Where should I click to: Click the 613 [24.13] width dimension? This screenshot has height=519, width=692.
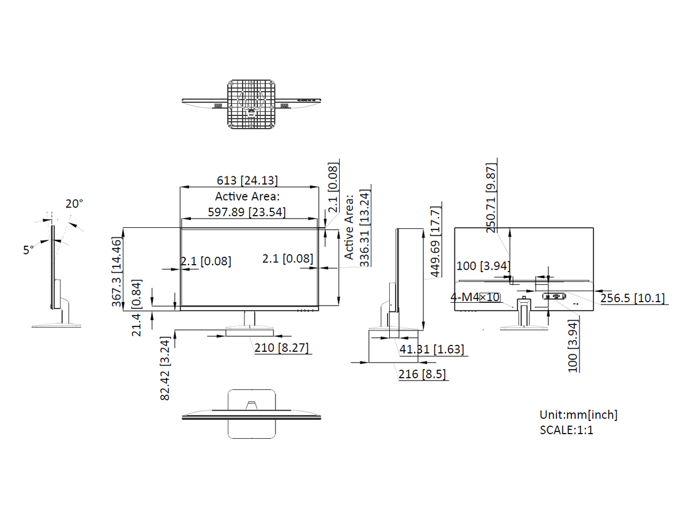click(247, 180)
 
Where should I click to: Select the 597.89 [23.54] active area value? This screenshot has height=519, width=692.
click(247, 212)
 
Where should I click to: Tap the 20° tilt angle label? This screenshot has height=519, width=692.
click(74, 204)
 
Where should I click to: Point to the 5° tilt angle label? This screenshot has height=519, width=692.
click(28, 250)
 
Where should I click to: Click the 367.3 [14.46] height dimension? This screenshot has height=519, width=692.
click(116, 272)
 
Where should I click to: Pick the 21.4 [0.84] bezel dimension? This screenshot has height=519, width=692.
click(137, 308)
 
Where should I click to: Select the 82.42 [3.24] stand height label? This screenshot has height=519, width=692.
click(165, 368)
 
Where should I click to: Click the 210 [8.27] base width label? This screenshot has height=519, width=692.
click(281, 348)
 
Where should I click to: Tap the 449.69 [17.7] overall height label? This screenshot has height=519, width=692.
click(435, 242)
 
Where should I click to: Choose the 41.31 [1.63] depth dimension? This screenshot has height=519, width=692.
click(431, 349)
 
